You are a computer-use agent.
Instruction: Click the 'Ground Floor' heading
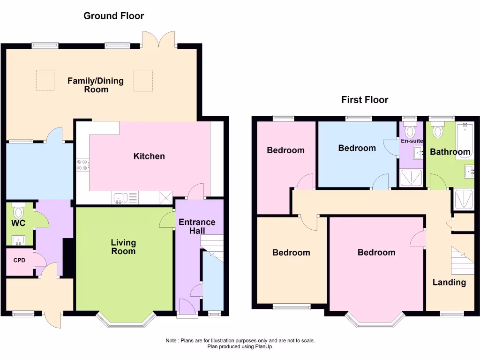tap(113, 16)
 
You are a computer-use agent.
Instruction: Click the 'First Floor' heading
tap(365, 100)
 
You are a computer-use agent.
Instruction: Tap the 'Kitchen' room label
tap(149, 156)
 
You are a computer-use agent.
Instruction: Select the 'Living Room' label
tap(123, 247)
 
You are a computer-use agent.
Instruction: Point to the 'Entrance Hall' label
tap(197, 226)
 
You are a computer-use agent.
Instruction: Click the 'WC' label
tap(18, 223)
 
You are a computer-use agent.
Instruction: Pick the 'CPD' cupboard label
tap(19, 260)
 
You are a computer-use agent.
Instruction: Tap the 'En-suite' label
tap(412, 140)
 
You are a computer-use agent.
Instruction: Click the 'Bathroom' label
tap(450, 152)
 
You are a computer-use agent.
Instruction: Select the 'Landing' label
tap(449, 282)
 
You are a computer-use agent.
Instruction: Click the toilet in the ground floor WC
tap(19, 212)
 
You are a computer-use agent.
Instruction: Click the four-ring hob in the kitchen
tap(82, 165)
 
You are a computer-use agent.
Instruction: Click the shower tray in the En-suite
tap(411, 179)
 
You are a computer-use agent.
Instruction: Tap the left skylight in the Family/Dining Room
tap(45, 80)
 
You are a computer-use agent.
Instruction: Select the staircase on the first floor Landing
tap(462, 261)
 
